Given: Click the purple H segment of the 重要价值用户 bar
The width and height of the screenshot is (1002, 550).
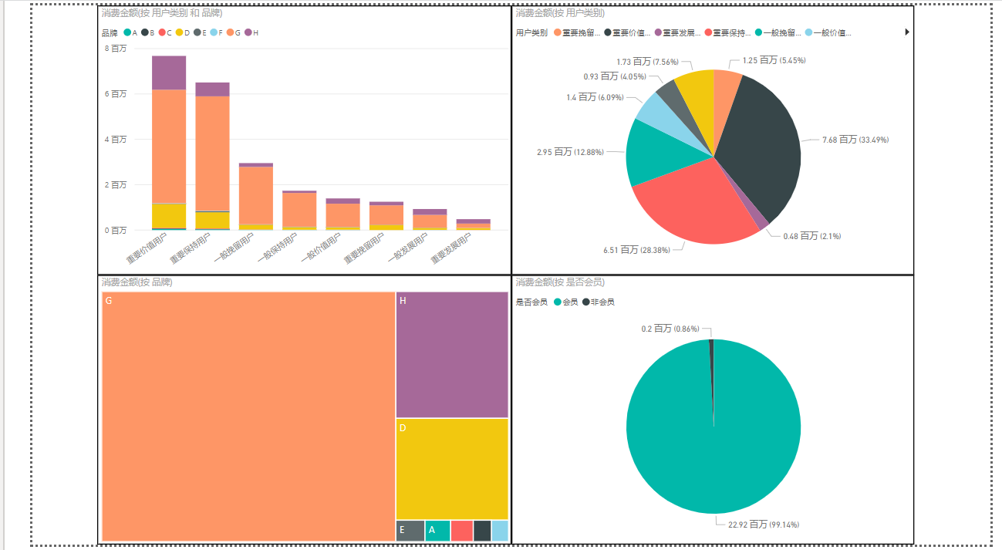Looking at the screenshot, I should coord(168,73).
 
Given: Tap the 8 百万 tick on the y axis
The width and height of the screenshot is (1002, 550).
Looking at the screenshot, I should coord(116,49).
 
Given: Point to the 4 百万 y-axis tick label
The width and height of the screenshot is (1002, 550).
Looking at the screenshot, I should coord(116,140).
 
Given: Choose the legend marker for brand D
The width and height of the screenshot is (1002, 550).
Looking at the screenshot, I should coord(180,32).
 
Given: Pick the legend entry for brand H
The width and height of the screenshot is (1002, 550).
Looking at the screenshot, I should coord(252,32).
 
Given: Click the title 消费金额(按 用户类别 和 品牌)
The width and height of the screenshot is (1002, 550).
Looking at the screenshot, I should coord(161,13).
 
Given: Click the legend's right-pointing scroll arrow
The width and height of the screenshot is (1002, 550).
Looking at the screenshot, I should coord(907,32).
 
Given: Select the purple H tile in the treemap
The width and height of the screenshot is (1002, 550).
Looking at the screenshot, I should coord(451,355).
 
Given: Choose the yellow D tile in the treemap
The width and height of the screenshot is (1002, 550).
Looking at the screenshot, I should coord(451,468).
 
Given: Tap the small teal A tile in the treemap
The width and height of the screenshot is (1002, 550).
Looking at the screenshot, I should coord(437,531).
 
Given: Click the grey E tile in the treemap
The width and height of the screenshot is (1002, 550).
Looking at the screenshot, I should coord(410,531).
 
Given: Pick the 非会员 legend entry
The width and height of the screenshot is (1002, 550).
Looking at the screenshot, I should coord(599,302).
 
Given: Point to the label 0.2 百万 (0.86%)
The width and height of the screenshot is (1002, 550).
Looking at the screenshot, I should coord(670,329).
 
